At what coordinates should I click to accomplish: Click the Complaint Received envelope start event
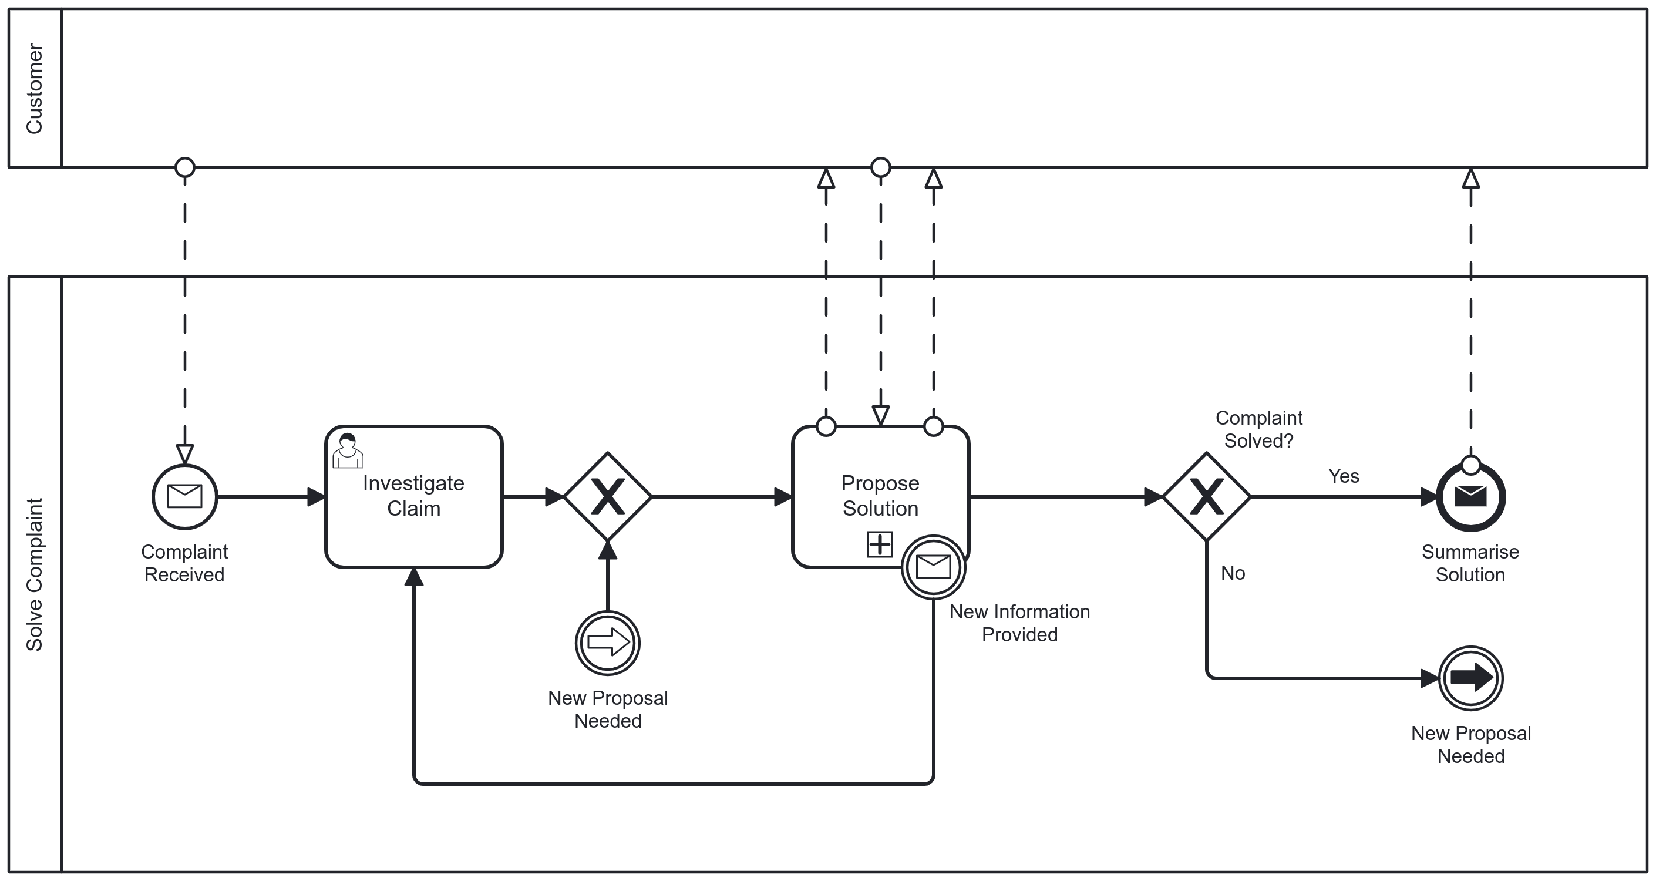184,496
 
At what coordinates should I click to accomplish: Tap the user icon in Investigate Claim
348,451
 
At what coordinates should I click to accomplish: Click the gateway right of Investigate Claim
608,496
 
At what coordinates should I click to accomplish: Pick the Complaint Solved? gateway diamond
1206,496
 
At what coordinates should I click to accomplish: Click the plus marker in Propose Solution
880,544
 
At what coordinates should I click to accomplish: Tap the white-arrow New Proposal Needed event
608,643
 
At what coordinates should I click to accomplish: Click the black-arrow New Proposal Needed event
1470,678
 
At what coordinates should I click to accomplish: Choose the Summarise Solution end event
1470,496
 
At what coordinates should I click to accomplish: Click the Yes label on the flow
1343,476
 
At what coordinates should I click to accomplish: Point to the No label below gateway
1233,573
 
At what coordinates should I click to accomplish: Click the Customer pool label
34,89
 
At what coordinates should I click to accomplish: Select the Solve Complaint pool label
34,574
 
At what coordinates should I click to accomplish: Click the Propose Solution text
880,495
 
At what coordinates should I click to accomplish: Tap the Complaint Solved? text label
1258,429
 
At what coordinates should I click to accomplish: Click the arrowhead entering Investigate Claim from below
414,577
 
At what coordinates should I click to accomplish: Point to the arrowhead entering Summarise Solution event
1428,496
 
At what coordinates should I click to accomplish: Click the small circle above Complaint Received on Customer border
184,167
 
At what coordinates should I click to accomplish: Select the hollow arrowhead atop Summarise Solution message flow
1470,178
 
